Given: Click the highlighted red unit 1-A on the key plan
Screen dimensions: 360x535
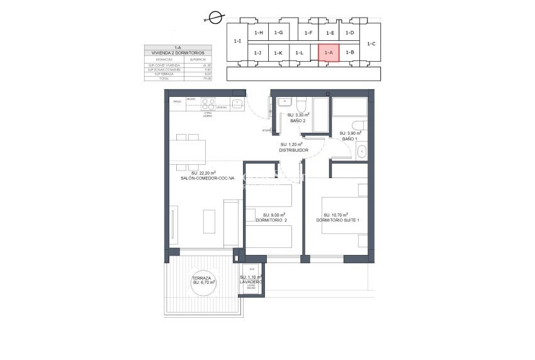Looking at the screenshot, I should pos(328,53).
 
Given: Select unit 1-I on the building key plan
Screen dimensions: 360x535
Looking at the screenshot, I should pos(237,42).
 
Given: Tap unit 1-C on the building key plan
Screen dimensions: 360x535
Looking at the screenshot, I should pos(371,43).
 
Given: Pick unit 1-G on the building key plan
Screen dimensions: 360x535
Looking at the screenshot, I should pos(279,32).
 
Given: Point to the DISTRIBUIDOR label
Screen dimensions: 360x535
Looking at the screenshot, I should pos(294,150).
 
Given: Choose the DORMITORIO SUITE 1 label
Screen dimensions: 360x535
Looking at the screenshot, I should pos(337,220).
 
